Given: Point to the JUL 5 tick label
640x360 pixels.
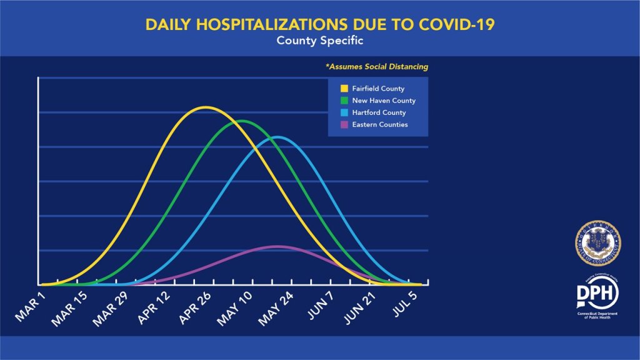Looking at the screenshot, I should [x=415, y=302].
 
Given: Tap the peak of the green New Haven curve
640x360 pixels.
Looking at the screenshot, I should [x=241, y=121].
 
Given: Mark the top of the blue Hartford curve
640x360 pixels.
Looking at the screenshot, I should [x=277, y=136].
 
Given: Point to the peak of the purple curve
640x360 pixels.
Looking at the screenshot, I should [x=277, y=246].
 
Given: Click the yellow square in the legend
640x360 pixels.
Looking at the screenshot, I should [x=336, y=89].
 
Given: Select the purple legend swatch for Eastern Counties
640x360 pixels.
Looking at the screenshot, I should [x=336, y=124].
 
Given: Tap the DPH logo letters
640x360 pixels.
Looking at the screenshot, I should [x=597, y=292].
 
